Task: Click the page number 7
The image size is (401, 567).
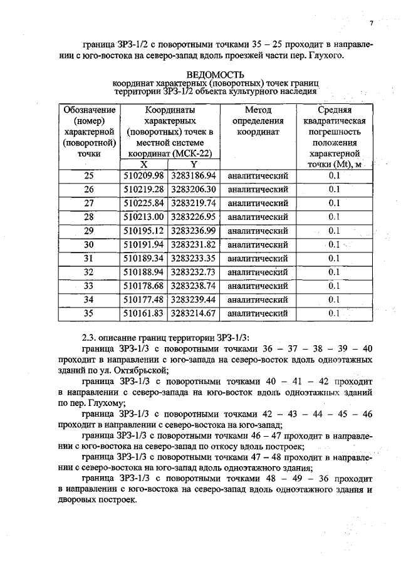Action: pos(371,24)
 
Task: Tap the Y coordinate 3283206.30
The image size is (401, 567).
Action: pos(193,189)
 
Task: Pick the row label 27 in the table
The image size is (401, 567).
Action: pos(88,203)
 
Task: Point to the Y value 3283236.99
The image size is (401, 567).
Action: pos(193,231)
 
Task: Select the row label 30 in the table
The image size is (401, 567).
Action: pos(88,244)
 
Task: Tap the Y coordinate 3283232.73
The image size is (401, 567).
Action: pos(193,272)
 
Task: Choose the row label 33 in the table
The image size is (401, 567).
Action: pos(88,286)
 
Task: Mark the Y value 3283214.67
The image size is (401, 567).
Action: pos(193,313)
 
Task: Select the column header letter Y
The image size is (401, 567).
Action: pos(193,164)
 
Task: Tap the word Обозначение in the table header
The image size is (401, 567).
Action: pos(90,110)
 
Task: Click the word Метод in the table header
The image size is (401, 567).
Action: pos(258,110)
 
